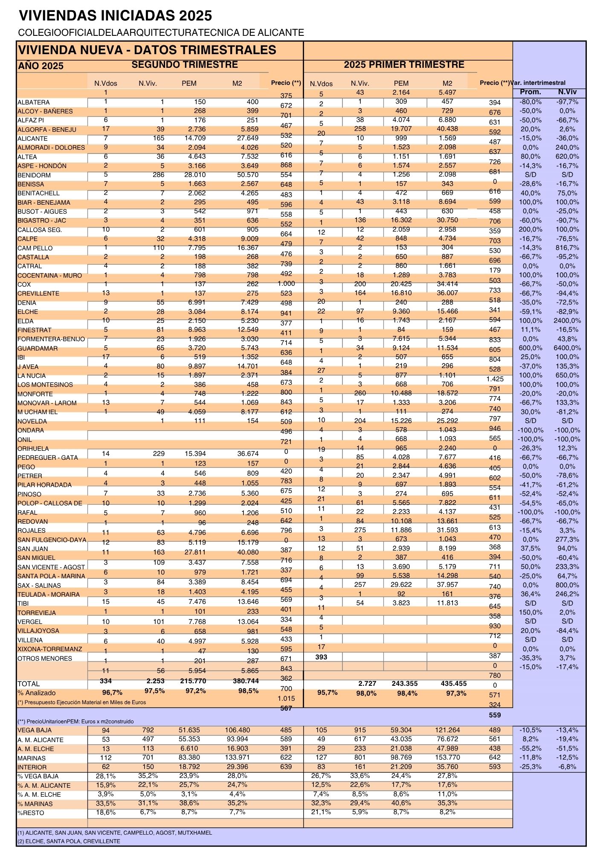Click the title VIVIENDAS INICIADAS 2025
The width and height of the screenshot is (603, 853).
pyautogui.click(x=116, y=16)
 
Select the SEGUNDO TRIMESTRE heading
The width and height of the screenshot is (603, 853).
pyautogui.click(x=185, y=65)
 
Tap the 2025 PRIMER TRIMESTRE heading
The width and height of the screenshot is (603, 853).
pyautogui.click(x=404, y=65)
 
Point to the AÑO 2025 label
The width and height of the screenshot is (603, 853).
pyautogui.click(x=41, y=66)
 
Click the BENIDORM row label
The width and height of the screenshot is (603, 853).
pyautogui.click(x=34, y=175)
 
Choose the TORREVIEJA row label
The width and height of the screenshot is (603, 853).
pyautogui.click(x=37, y=613)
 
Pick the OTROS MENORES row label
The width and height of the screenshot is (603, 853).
pyautogui.click(x=45, y=659)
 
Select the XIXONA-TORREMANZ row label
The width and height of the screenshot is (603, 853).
pyautogui.click(x=50, y=649)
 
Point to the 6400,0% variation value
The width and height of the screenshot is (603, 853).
pyautogui.click(x=567, y=348)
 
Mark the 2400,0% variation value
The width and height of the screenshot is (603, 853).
pyautogui.click(x=567, y=321)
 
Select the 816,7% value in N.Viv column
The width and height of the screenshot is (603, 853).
pyautogui.click(x=567, y=248)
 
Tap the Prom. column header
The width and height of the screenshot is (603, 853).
pyautogui.click(x=531, y=92)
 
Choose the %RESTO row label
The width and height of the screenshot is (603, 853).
pyautogui.click(x=31, y=813)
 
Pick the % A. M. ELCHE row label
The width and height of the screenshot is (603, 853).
pyautogui.click(x=39, y=795)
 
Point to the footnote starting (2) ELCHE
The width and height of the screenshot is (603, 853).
pyautogui.click(x=69, y=841)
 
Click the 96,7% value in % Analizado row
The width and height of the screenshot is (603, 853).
pyautogui.click(x=112, y=693)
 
